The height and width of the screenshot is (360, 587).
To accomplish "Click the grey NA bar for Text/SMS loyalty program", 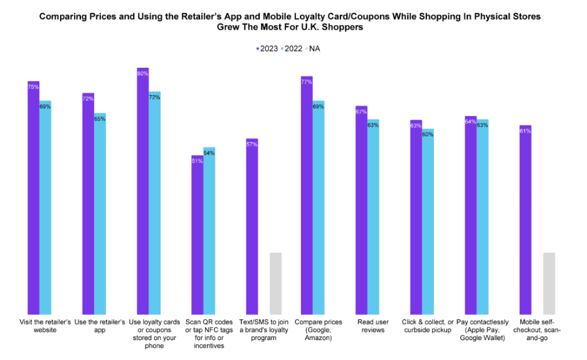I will tap(275, 283).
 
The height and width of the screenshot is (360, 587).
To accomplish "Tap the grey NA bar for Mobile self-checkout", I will tap(549, 283).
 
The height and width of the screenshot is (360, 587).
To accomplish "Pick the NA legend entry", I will tap(321, 48).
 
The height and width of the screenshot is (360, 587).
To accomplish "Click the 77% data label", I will tap(307, 82).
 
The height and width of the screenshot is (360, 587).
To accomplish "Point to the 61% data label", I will tap(525, 131).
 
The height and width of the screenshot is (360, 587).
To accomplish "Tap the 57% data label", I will tap(252, 144).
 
